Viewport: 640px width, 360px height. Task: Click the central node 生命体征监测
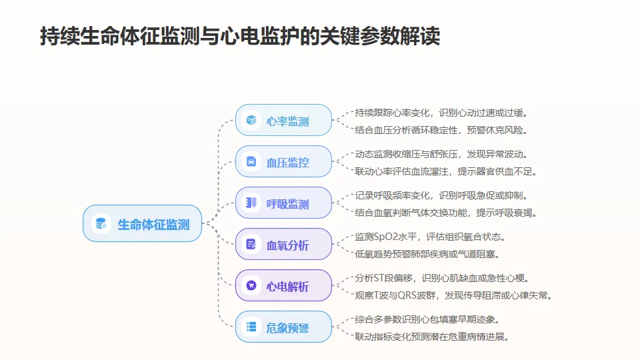point(142,223)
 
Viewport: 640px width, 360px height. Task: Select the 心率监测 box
point(283,121)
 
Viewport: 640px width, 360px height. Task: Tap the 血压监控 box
point(283,162)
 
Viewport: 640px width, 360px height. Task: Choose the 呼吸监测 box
point(283,203)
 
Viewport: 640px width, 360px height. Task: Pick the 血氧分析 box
point(283,245)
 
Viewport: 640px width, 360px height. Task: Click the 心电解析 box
point(283,286)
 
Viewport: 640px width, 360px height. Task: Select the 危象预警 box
point(283,327)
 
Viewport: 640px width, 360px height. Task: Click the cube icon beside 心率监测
point(251,121)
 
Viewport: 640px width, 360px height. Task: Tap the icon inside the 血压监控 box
point(251,162)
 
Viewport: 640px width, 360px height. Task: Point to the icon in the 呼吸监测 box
point(251,203)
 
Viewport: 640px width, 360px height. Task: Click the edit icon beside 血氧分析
point(251,245)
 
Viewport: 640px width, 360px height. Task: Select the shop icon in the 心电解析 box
point(251,286)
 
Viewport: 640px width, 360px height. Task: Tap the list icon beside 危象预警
point(251,327)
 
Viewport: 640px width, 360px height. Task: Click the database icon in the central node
point(101,223)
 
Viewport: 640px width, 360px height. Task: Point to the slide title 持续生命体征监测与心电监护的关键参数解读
point(240,36)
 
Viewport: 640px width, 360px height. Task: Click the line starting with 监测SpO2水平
point(430,237)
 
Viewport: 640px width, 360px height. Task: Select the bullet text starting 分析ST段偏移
point(443,278)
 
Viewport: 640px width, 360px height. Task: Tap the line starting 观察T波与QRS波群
point(453,295)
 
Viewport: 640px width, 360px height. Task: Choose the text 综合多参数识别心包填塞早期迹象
point(427,319)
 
